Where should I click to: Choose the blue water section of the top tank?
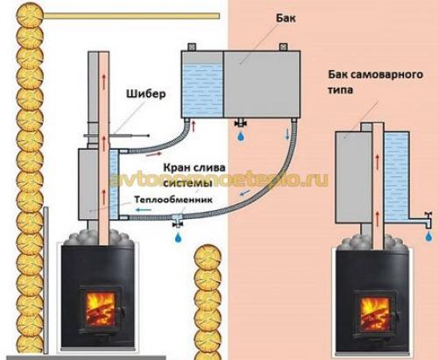201,90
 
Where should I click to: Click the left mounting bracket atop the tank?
185,51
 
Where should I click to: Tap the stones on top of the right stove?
375,240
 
